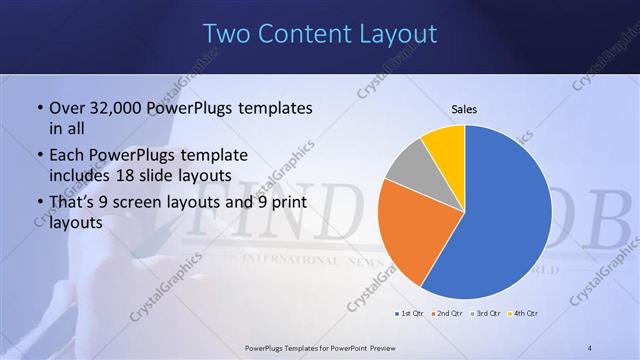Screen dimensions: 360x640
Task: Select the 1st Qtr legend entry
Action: (412, 314)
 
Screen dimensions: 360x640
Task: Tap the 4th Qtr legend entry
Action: (522, 314)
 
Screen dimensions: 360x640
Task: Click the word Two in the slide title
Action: (227, 34)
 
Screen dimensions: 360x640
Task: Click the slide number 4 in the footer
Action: (590, 347)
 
